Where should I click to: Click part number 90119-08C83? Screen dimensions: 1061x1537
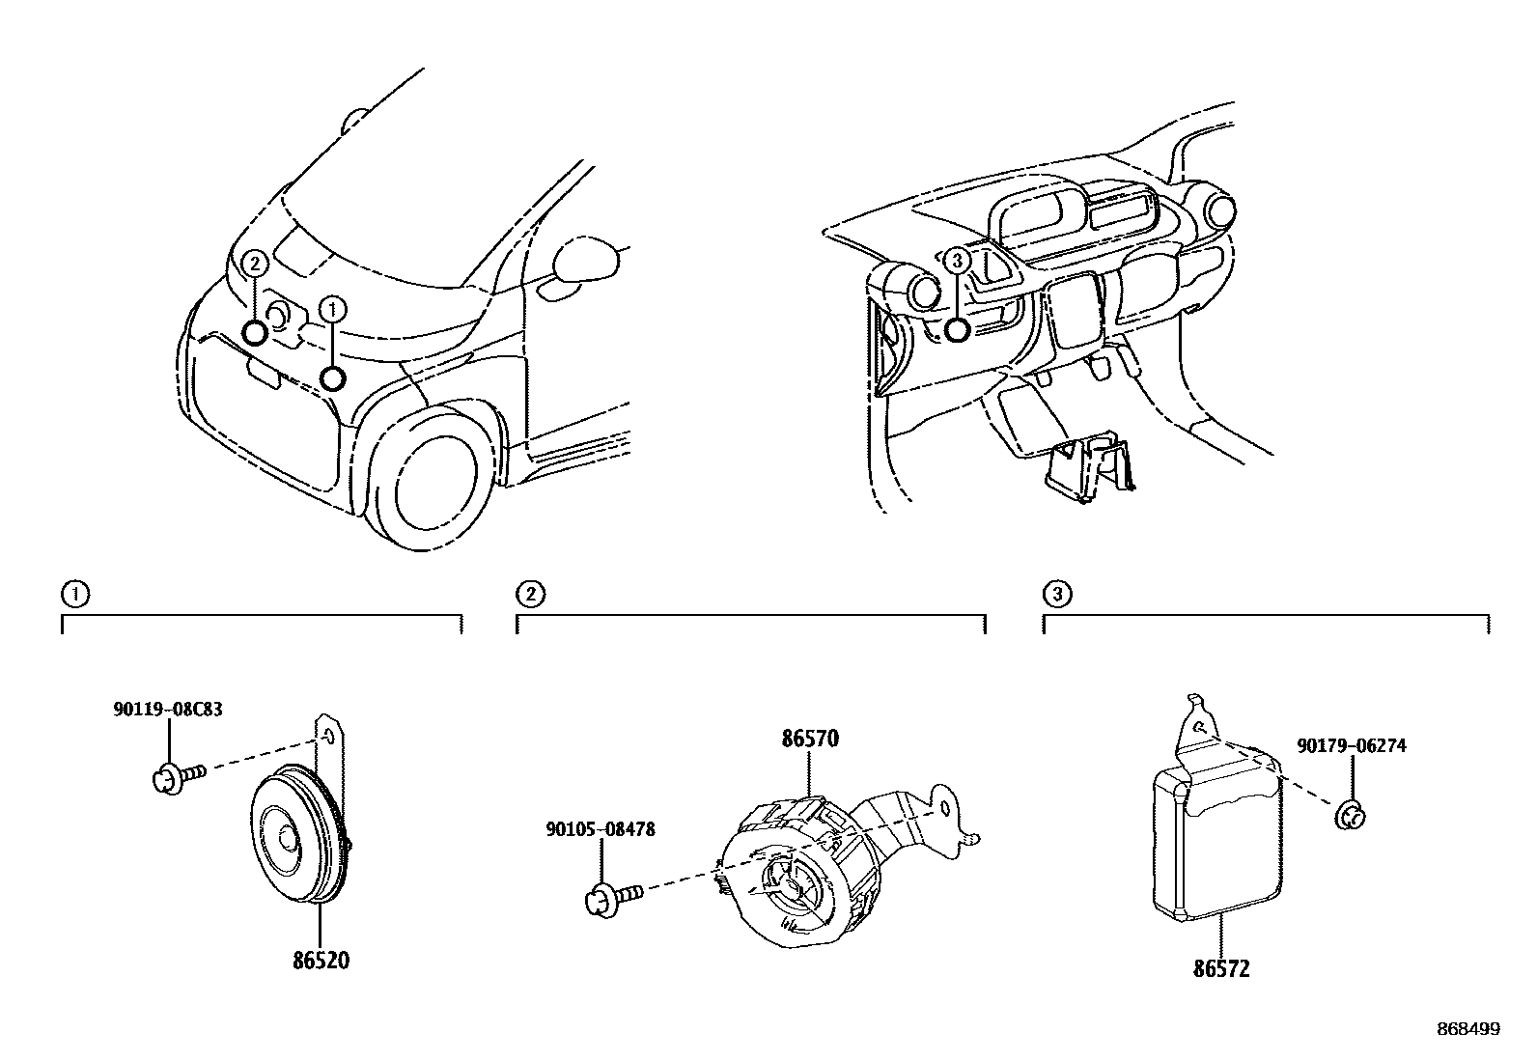168,710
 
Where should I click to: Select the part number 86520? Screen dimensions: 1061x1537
321,962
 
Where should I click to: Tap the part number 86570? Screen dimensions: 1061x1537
809,740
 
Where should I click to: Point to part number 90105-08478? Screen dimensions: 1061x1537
600,829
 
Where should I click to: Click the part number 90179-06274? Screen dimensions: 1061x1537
1351,746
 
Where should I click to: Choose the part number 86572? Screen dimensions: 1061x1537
1221,968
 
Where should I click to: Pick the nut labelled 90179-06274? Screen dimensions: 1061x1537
1351,816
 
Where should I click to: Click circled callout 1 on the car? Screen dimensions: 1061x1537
331,309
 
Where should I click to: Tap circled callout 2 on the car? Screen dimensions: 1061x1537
254,263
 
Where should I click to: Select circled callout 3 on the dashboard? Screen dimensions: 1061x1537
956,259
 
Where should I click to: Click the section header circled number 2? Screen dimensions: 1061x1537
530,594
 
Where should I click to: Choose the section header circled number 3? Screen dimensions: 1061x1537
1056,594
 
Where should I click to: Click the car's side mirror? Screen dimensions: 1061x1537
584,262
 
